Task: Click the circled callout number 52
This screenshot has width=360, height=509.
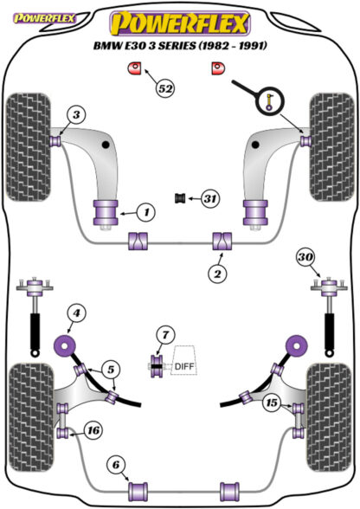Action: [165, 87]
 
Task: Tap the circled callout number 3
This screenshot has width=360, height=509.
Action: [76, 114]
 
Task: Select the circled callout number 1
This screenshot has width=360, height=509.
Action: [146, 213]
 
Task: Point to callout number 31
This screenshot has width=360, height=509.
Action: [210, 198]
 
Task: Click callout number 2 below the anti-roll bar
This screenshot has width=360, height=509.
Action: [217, 274]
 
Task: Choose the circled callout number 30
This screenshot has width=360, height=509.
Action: [305, 257]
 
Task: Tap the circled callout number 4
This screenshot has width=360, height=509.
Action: [76, 313]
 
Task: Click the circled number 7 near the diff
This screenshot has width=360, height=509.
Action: [165, 335]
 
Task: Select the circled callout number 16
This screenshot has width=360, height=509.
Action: [93, 431]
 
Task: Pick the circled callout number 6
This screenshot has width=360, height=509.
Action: [116, 465]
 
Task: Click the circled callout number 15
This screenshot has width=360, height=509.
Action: [272, 403]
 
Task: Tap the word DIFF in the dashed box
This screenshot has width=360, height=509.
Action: [184, 366]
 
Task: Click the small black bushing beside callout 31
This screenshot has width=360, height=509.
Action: [180, 198]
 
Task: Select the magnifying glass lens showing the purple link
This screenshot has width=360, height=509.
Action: [270, 100]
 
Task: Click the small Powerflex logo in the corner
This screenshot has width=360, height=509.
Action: [44, 18]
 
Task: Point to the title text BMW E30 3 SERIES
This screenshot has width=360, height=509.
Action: [145, 45]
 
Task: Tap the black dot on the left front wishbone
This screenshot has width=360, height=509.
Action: [106, 145]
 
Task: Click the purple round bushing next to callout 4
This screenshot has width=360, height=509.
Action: [65, 346]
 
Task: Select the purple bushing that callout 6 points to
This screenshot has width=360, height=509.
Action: [138, 492]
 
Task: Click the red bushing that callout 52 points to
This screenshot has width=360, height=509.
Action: [133, 68]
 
